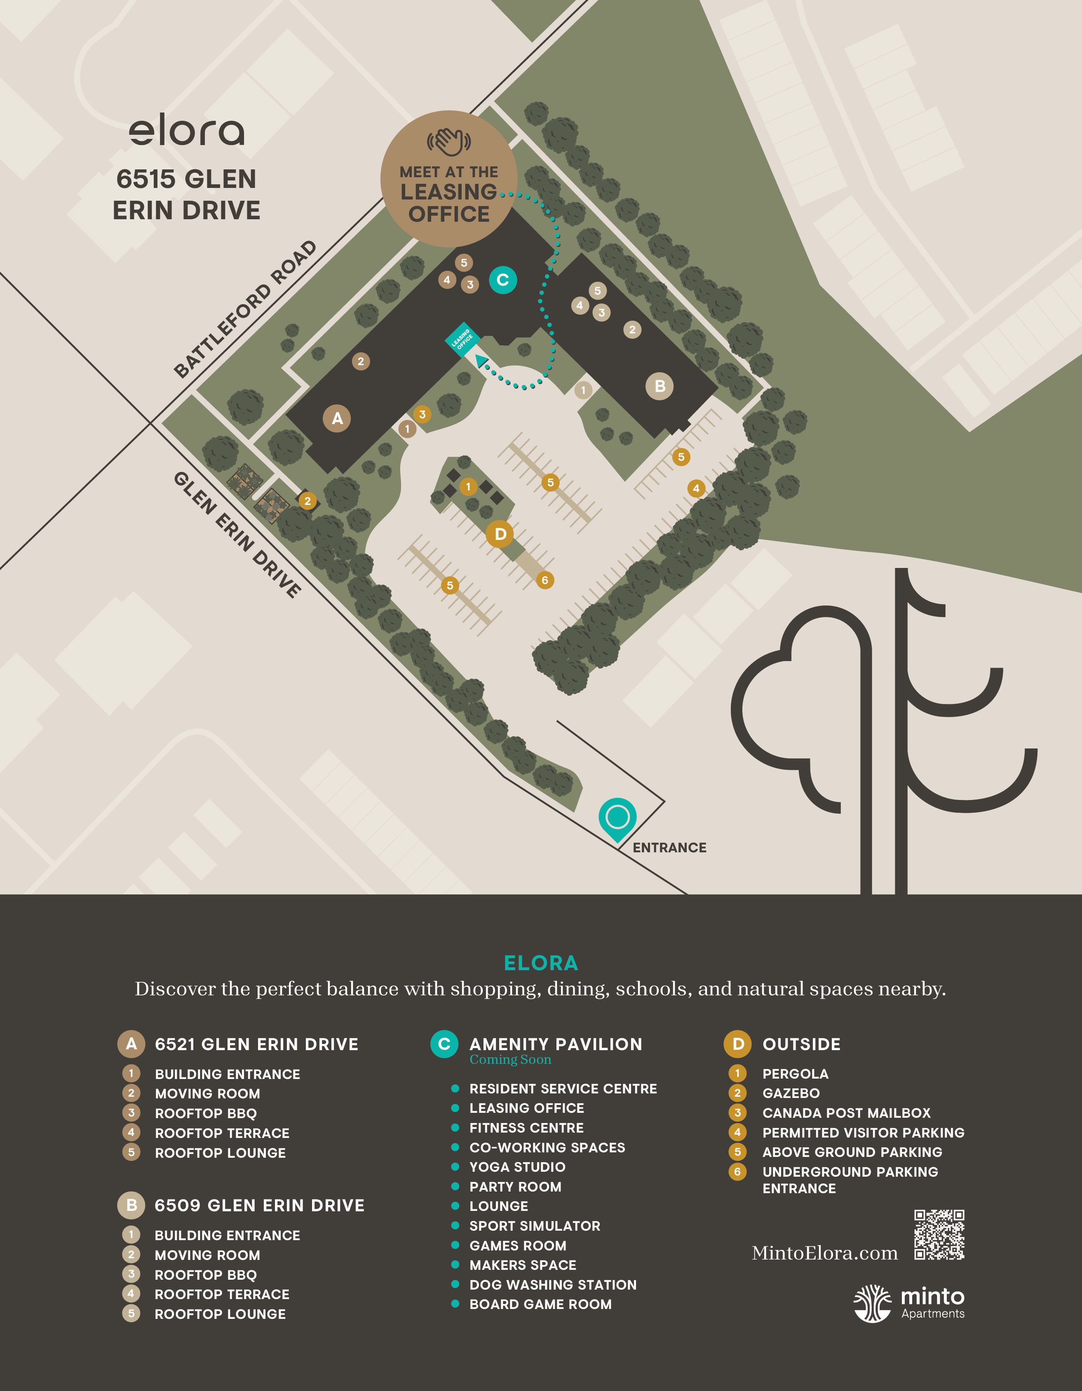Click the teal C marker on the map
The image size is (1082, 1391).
point(502,279)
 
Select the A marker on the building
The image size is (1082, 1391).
point(337,418)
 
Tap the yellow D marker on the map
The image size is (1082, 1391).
point(500,534)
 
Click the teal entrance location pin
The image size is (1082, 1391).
point(617,818)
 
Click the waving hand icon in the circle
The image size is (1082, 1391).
point(449,141)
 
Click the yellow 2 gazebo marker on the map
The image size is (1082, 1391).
point(307,501)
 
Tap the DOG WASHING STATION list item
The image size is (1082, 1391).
point(553,1285)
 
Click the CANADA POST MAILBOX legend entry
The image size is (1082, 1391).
point(846,1113)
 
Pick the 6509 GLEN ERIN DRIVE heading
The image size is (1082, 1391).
point(259,1206)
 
